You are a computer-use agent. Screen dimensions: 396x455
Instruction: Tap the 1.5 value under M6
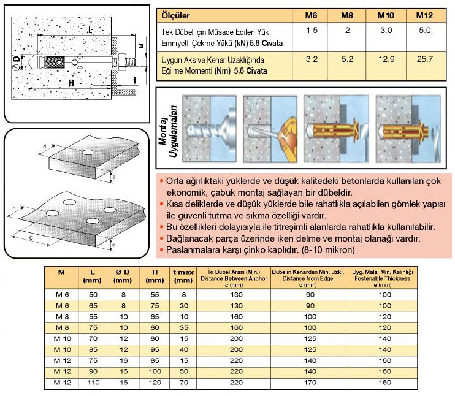pos(312,30)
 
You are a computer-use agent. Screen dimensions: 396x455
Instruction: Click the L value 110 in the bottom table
pos(93,382)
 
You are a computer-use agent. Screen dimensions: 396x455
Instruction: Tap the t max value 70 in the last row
pos(182,382)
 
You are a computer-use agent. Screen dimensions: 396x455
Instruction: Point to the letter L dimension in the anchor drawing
pos(90,29)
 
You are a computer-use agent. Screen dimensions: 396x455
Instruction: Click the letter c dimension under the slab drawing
pos(31,235)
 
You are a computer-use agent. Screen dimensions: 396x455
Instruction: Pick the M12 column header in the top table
pos(424,14)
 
